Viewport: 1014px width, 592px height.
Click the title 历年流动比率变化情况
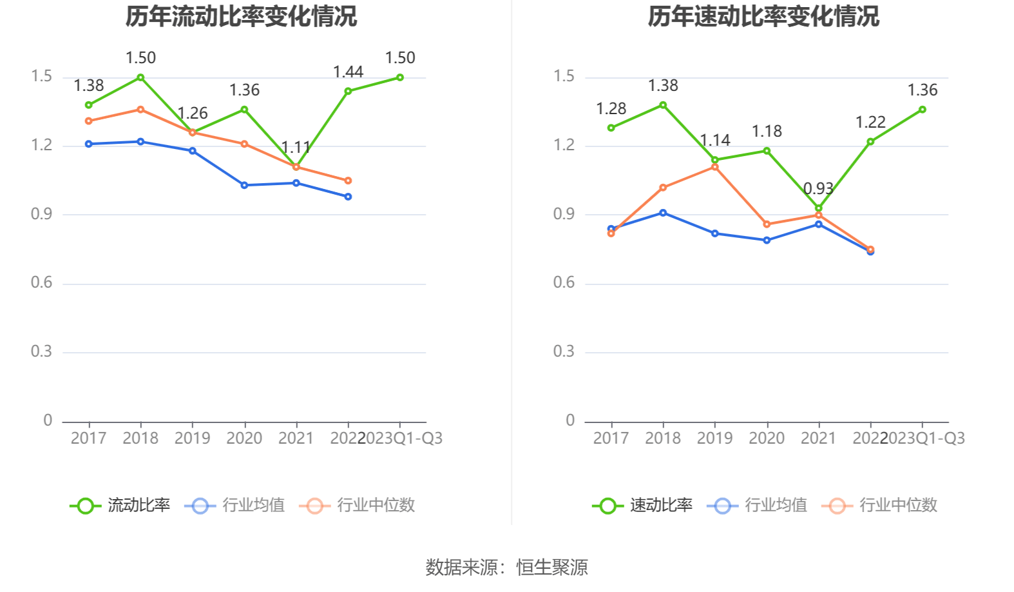[x=241, y=16]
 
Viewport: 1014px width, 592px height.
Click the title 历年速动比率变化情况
[x=763, y=16]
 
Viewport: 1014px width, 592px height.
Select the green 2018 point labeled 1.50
[x=140, y=77]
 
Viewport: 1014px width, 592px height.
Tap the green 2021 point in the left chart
[x=296, y=167]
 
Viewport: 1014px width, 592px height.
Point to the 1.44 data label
[x=348, y=72]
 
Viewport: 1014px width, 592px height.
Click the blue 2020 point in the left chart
[x=244, y=185]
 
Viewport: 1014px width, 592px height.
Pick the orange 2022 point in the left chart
[x=348, y=181]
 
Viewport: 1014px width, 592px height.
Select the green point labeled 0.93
[x=819, y=208]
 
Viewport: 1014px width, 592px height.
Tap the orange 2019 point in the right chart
[x=715, y=167]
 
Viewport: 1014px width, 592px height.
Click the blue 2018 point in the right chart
[x=663, y=213]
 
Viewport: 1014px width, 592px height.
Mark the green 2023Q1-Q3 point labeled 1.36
[x=923, y=110]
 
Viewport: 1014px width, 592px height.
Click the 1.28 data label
[x=611, y=109]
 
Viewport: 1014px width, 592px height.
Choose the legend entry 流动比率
[x=139, y=505]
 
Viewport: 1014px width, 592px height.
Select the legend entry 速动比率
[x=661, y=505]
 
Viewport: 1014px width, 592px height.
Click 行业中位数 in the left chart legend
[x=376, y=505]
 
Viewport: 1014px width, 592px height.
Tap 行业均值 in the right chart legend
[x=776, y=505]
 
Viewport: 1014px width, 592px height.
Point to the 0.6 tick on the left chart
[x=42, y=282]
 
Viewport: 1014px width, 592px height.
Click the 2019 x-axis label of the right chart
[x=715, y=439]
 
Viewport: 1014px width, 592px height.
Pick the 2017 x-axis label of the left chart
[x=88, y=439]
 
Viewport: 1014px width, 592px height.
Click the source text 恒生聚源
[x=552, y=567]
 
